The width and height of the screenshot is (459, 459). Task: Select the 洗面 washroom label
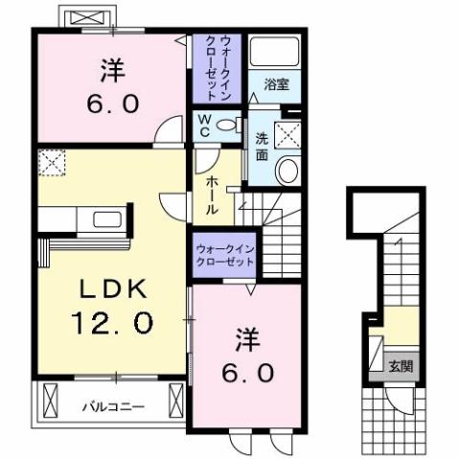[x=262, y=144]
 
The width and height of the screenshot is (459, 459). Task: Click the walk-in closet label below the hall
[x=225, y=253]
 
